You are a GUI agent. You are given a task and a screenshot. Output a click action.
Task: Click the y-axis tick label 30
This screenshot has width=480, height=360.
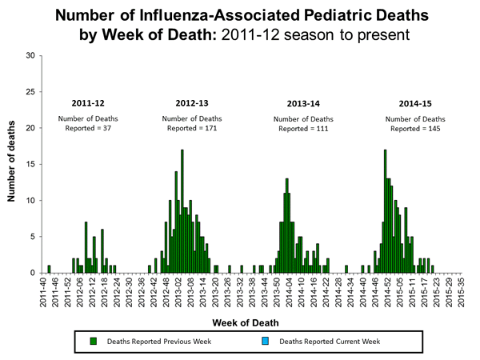coord(30,55)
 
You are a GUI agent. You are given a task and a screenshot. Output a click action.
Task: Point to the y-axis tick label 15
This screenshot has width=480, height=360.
coord(30,164)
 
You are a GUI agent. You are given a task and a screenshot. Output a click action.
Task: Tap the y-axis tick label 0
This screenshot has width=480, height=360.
coord(32,273)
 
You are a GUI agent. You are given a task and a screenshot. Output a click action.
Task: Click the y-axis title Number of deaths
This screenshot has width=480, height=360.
coord(13,164)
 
